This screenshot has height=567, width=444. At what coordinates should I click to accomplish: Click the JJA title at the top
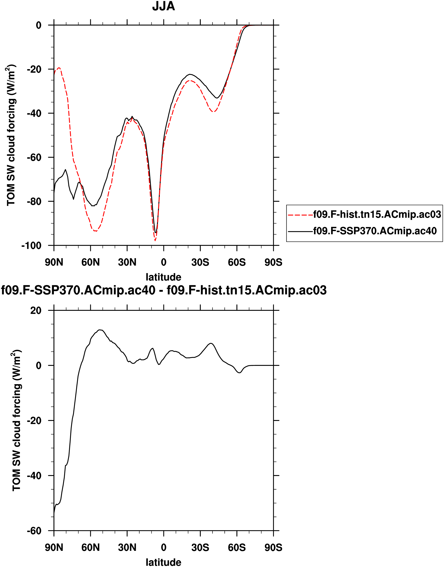(x=164, y=6)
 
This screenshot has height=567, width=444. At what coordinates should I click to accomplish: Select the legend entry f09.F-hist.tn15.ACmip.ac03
(x=377, y=214)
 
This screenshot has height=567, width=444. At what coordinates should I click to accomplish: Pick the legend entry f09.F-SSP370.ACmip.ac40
(x=375, y=231)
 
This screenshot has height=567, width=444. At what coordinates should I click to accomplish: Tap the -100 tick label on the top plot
(x=31, y=246)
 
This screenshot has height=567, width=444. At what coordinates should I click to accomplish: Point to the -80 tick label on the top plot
(x=34, y=202)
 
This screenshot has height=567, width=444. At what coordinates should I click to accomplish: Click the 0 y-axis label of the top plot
(x=39, y=25)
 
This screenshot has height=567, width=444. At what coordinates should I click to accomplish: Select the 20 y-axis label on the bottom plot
(x=36, y=310)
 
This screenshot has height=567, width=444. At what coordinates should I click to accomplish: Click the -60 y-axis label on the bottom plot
(x=34, y=531)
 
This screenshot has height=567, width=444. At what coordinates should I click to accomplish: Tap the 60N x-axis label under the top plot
(x=90, y=262)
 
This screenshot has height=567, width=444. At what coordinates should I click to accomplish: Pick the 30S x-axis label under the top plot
(x=200, y=262)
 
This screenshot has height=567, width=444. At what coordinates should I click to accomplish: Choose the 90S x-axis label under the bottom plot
(x=273, y=547)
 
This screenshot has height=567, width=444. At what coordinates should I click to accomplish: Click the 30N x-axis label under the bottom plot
(x=127, y=547)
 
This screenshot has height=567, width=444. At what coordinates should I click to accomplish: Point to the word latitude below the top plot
(x=164, y=277)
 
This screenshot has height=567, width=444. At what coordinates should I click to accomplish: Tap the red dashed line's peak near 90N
(x=59, y=68)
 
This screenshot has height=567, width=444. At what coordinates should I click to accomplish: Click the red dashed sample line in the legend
(x=300, y=215)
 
